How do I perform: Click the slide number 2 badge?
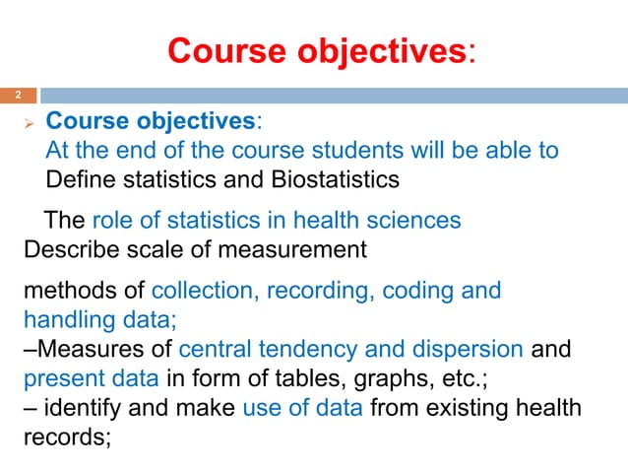tap(17, 97)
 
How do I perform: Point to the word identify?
tap(85, 407)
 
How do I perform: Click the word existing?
tap(461, 407)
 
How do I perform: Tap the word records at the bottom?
tap(65, 436)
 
